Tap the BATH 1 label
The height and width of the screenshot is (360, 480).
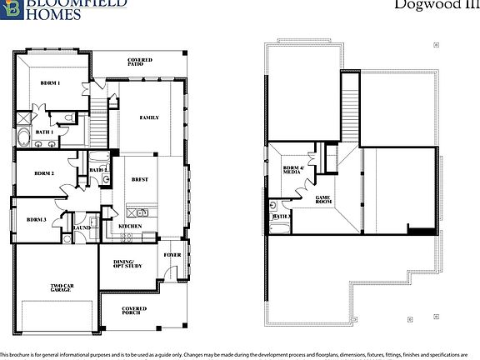pyautogui.click(x=43, y=132)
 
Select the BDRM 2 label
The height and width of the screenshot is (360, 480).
pyautogui.click(x=44, y=173)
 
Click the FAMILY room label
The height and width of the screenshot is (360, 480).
pyautogui.click(x=149, y=118)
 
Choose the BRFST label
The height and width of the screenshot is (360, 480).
pyautogui.click(x=140, y=177)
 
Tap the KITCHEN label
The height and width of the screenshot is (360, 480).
pyautogui.click(x=129, y=226)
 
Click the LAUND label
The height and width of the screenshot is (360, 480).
pyautogui.click(x=82, y=227)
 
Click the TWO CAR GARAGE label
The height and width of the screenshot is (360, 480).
pyautogui.click(x=62, y=289)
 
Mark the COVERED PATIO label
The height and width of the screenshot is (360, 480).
pyautogui.click(x=140, y=62)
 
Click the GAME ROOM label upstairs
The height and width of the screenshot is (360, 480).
pyautogui.click(x=323, y=200)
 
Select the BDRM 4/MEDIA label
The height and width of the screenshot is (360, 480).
pyautogui.click(x=292, y=172)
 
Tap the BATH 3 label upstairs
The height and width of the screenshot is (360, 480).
pyautogui.click(x=281, y=216)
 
